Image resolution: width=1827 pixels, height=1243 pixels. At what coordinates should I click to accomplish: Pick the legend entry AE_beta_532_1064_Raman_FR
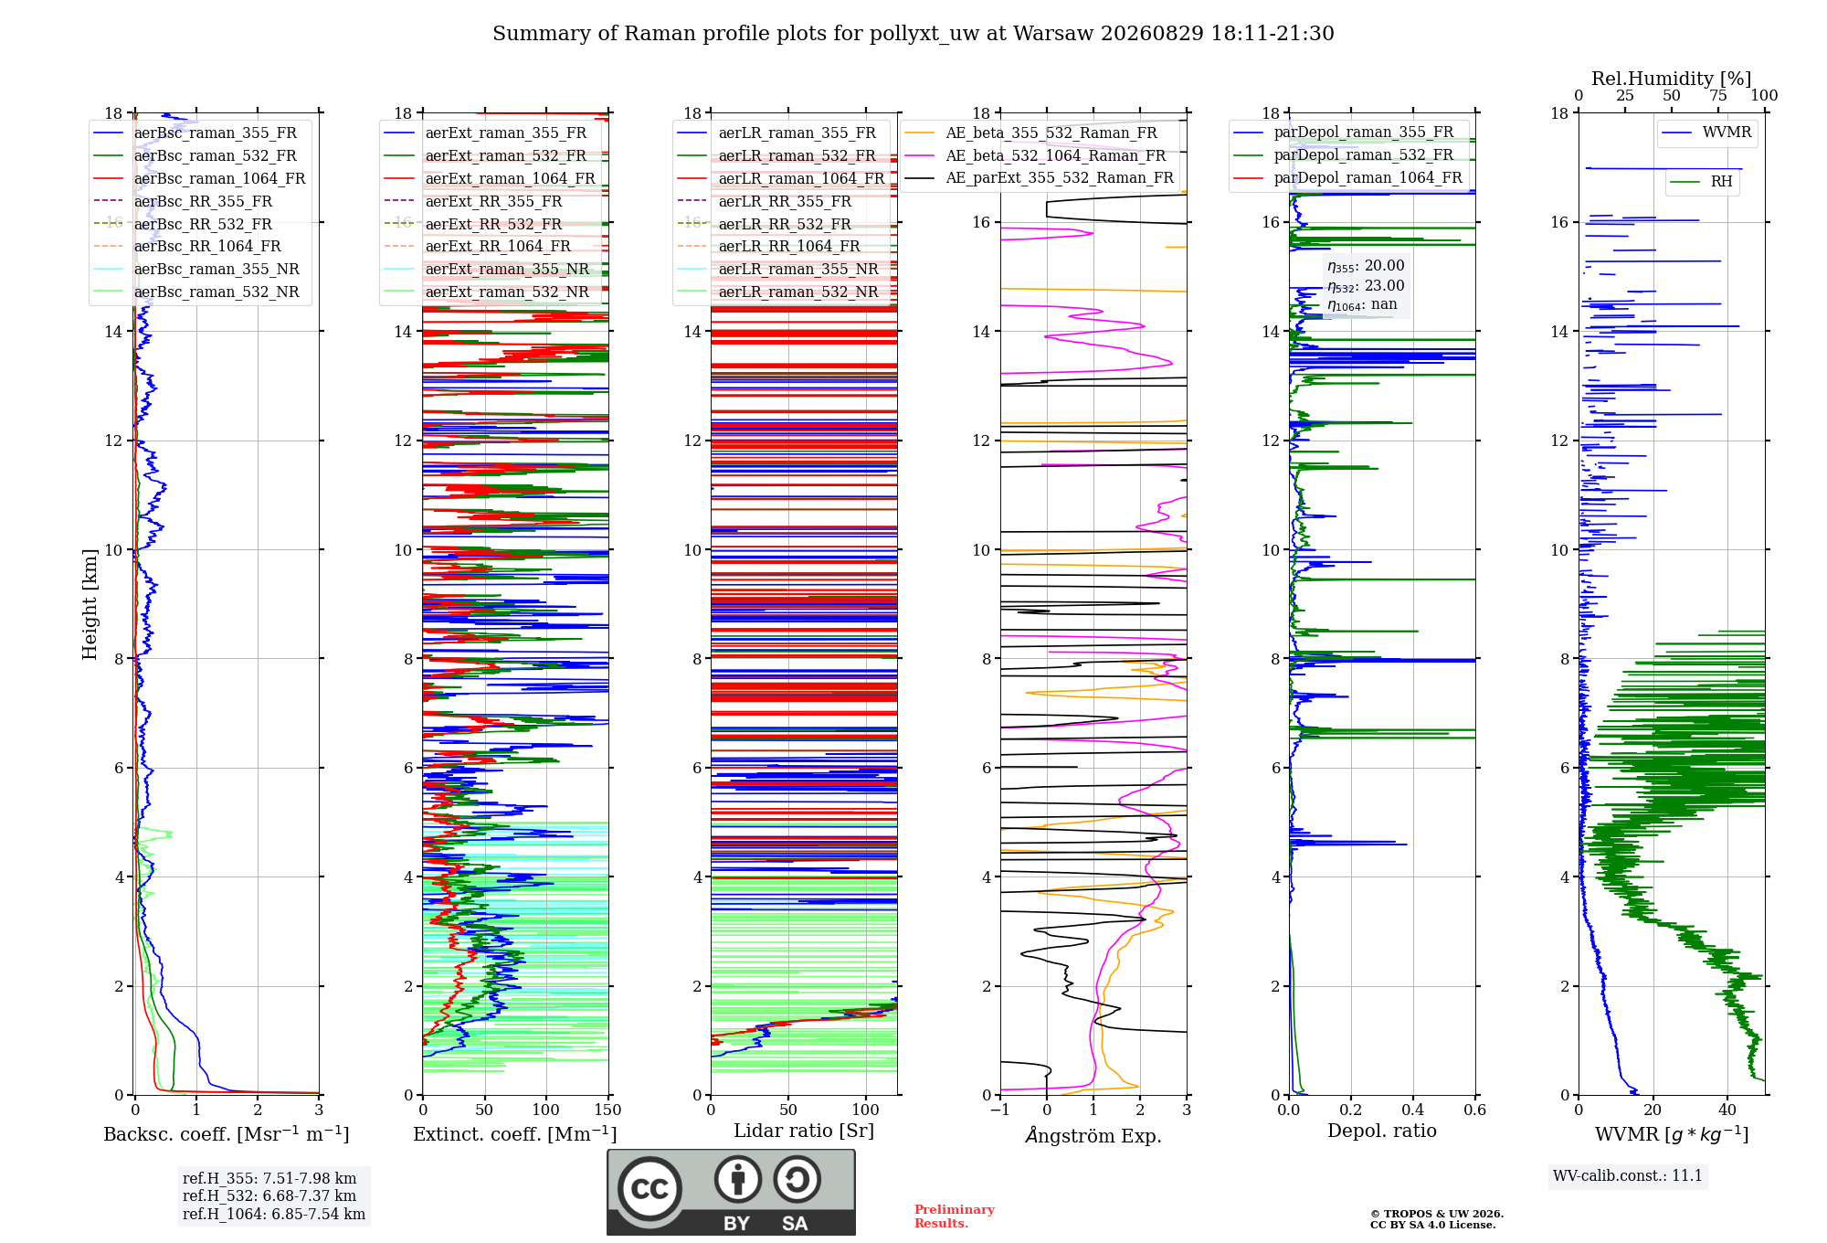(1036, 155)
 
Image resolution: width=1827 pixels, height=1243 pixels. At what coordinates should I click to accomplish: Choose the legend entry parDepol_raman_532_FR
(1344, 154)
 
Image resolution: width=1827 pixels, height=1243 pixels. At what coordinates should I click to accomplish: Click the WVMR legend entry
(1706, 133)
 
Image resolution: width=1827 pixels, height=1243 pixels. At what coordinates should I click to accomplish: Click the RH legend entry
(1701, 182)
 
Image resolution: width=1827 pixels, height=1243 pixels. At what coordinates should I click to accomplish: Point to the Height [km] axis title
(90, 603)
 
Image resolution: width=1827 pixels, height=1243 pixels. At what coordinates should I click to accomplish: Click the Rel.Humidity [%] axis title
(1672, 79)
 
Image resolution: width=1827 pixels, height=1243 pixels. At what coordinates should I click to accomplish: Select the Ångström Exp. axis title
(1093, 1135)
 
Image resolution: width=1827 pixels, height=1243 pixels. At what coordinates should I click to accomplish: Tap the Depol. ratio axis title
(1382, 1131)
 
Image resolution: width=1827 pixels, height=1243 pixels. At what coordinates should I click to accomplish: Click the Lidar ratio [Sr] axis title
(804, 1131)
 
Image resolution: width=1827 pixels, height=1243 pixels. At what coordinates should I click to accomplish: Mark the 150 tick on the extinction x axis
(607, 1110)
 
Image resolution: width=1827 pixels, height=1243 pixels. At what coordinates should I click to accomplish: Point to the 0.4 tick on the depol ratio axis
(1413, 1110)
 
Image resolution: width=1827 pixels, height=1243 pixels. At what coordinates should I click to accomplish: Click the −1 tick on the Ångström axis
(999, 1110)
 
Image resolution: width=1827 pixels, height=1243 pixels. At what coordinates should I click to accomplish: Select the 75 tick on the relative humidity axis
(1718, 95)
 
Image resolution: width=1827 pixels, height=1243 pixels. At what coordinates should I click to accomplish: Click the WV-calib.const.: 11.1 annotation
(1628, 1175)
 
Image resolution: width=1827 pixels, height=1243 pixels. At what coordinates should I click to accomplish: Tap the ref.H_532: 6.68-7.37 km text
(269, 1195)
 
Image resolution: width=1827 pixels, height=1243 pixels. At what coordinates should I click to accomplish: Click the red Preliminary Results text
(955, 1216)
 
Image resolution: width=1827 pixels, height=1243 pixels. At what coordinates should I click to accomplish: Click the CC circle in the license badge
(649, 1189)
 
